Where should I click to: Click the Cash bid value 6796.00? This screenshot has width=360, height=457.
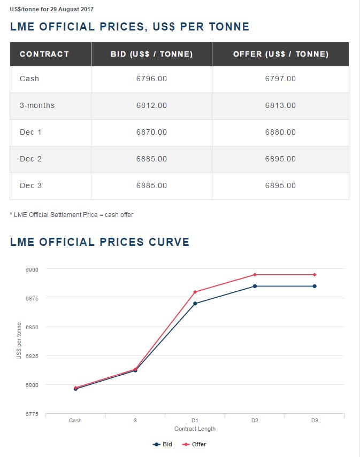(151, 79)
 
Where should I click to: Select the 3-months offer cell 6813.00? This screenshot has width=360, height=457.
(280, 106)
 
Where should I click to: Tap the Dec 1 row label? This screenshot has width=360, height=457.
(30, 133)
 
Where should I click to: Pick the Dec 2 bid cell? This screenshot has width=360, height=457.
(151, 159)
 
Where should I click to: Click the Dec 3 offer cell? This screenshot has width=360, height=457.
(280, 186)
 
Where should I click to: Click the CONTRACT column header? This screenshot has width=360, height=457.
(44, 54)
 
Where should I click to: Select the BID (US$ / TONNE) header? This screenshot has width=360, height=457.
(151, 54)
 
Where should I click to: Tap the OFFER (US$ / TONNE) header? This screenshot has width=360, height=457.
(280, 54)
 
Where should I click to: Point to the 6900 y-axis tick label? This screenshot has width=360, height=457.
(32, 269)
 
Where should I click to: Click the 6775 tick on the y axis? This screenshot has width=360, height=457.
(32, 414)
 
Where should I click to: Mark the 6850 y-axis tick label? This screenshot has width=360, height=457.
(32, 327)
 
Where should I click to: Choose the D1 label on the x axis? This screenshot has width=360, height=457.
(195, 421)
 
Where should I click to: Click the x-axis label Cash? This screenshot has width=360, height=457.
(75, 421)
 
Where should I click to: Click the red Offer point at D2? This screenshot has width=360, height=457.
(255, 275)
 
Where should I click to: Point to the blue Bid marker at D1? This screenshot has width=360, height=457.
(195, 304)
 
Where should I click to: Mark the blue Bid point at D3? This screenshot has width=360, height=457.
(315, 286)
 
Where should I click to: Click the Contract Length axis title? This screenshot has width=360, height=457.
(195, 429)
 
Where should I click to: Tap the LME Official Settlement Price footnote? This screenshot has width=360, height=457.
(72, 215)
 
